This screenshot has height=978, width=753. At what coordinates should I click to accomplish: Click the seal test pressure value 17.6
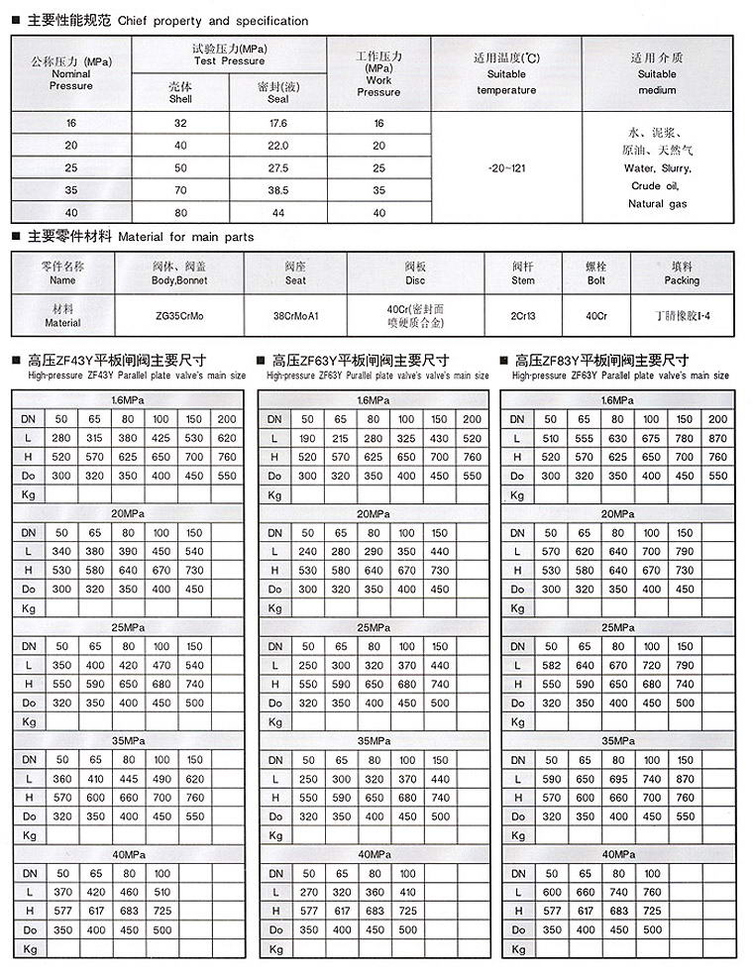pos(277,124)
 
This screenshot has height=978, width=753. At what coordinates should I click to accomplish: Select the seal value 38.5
pos(277,189)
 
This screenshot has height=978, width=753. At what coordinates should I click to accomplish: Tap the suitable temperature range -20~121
pos(507,168)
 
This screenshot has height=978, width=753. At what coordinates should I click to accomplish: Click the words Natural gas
pos(659,204)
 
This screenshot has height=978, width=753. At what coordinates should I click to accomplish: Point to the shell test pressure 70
pos(180,189)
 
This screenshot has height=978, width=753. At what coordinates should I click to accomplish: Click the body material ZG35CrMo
pos(179,316)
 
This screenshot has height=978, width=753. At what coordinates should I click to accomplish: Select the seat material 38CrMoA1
pos(295,316)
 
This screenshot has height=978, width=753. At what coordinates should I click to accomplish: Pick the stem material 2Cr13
pos(523,316)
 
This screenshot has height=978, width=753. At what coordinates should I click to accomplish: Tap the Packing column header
pos(682,273)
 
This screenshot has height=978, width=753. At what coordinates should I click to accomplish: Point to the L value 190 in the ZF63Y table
pos(308,438)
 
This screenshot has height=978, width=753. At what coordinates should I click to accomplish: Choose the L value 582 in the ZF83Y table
pos(551,665)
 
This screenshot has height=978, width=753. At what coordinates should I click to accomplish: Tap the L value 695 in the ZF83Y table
pos(618,779)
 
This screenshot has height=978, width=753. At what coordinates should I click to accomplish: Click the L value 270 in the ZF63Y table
pos(308,892)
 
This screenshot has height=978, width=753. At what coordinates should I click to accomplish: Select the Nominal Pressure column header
pos(70,74)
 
